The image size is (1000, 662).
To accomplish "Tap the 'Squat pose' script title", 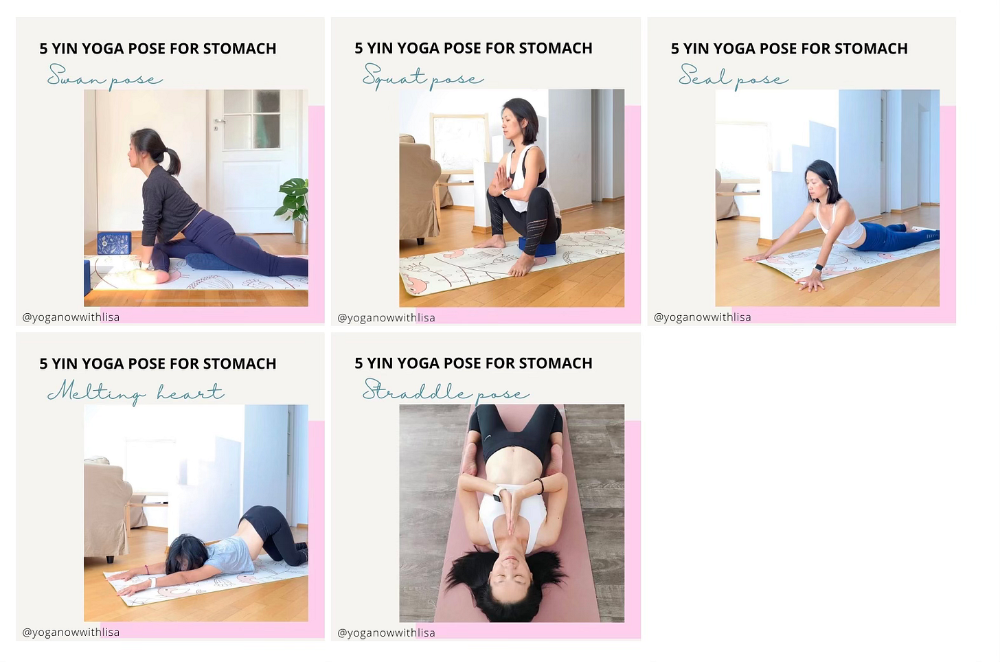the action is tap(423, 77).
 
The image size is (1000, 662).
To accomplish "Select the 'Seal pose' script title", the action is tap(734, 77).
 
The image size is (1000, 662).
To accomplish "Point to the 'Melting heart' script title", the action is tap(136, 392).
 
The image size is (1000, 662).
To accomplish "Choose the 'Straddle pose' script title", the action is tap(446, 391).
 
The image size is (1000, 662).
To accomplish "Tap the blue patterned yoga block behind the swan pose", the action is tap(114, 243).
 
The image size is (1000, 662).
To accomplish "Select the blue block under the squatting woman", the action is tap(537, 247).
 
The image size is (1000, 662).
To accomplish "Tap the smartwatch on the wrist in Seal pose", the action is tap(818, 268).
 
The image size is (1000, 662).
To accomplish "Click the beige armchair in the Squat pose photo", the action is tap(419, 190).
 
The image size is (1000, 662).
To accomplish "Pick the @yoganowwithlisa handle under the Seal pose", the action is tap(702, 317).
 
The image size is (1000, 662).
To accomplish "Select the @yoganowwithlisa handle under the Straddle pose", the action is tap(386, 632).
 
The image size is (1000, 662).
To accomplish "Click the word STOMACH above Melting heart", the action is tap(240, 364).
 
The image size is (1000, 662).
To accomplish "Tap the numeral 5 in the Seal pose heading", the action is tap(674, 49).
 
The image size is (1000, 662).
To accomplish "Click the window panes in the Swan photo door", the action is tap(252, 119).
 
